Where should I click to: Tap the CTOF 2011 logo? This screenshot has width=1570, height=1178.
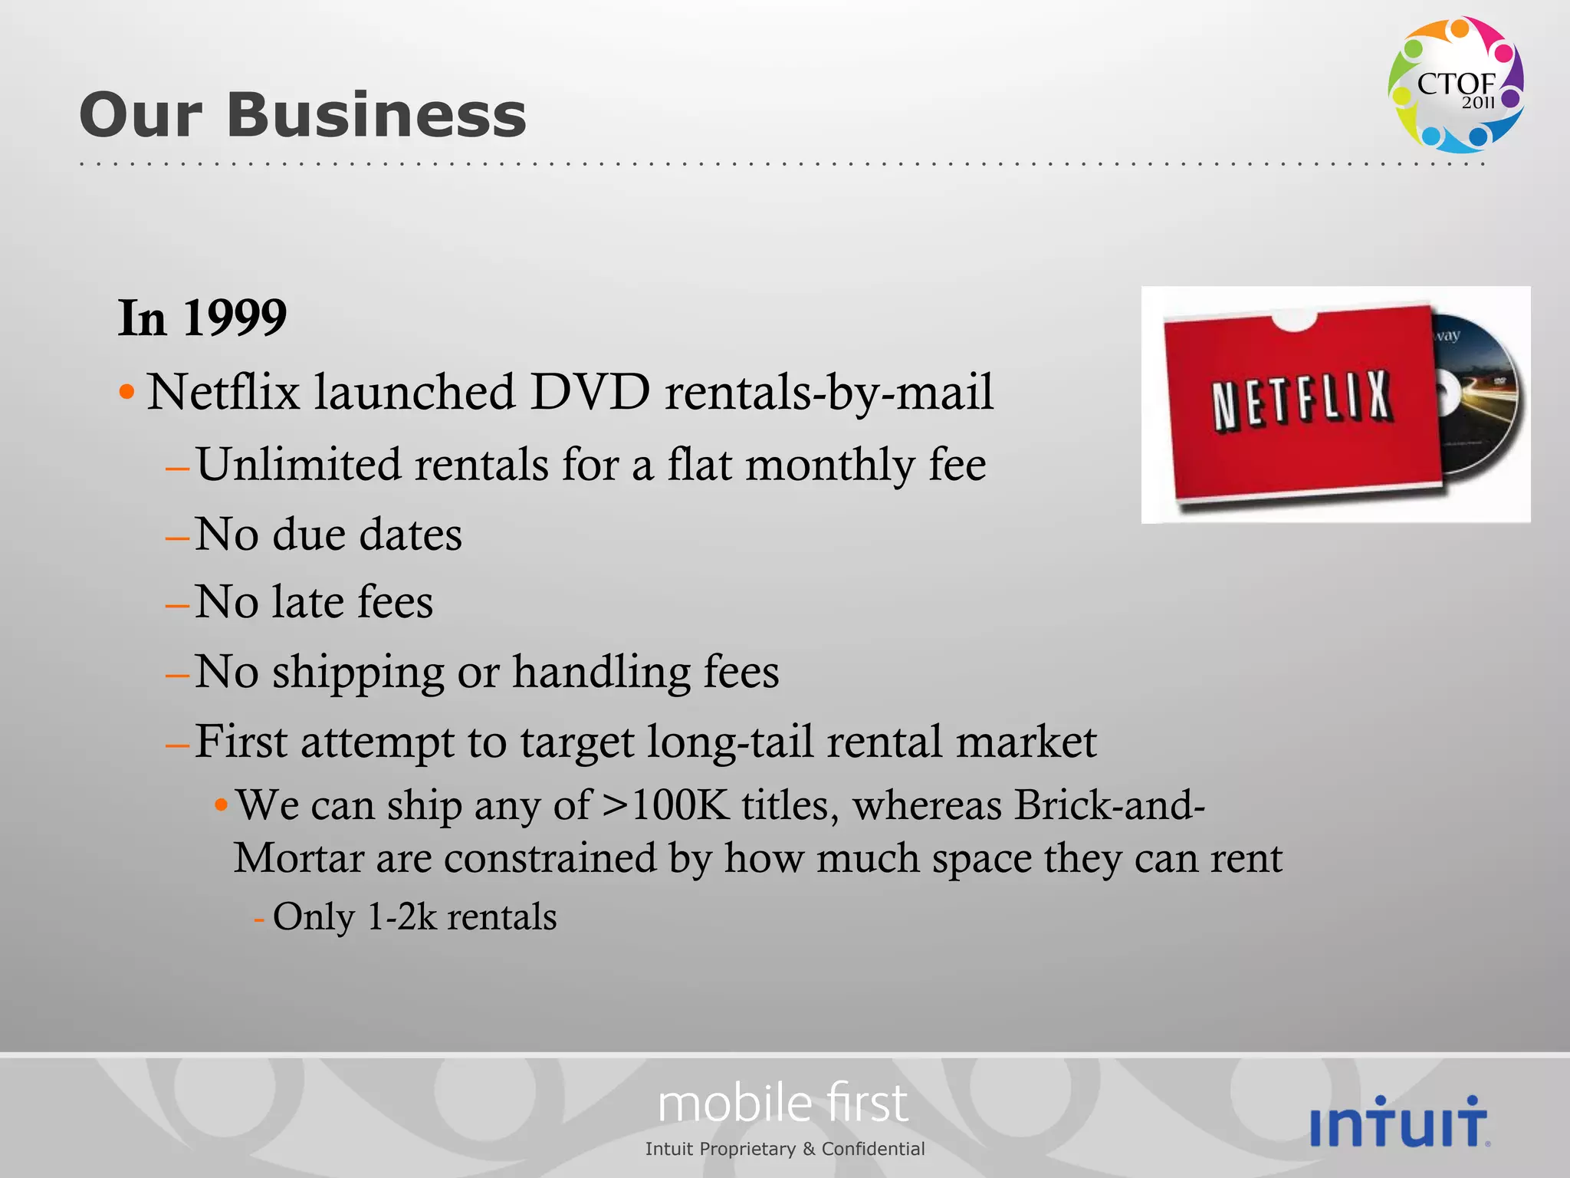[x=1455, y=84]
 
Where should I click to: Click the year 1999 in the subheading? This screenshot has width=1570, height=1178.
[x=235, y=318]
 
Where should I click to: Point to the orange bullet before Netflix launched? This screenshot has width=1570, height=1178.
[x=127, y=393]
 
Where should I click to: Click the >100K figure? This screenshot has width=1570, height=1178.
[x=665, y=806]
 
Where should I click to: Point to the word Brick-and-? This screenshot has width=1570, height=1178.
[x=1109, y=806]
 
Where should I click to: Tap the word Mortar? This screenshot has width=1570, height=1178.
[x=298, y=858]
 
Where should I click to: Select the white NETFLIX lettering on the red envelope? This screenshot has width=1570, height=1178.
[x=1302, y=400]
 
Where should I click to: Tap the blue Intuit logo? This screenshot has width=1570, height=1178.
[x=1400, y=1122]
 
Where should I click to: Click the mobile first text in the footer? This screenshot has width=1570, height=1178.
[x=783, y=1104]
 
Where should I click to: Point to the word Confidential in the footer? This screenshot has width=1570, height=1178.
[x=873, y=1149]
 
